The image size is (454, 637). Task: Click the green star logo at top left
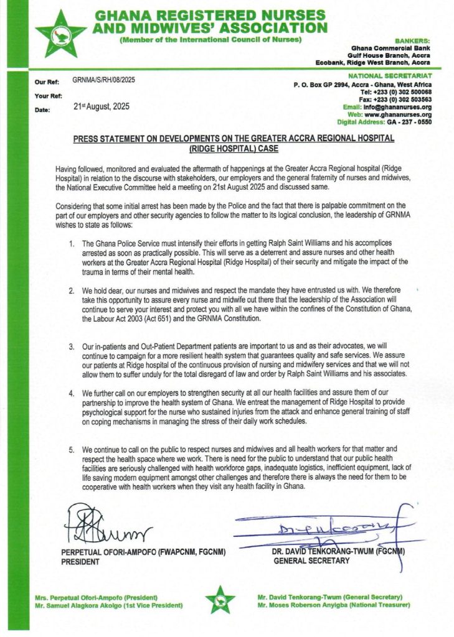[x=60, y=34]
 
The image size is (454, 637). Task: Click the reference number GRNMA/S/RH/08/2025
[x=103, y=80]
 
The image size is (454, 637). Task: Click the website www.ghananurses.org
[x=397, y=114]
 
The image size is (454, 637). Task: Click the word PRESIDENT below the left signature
[x=80, y=561]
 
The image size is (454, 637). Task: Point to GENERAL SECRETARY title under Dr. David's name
[x=311, y=560]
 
